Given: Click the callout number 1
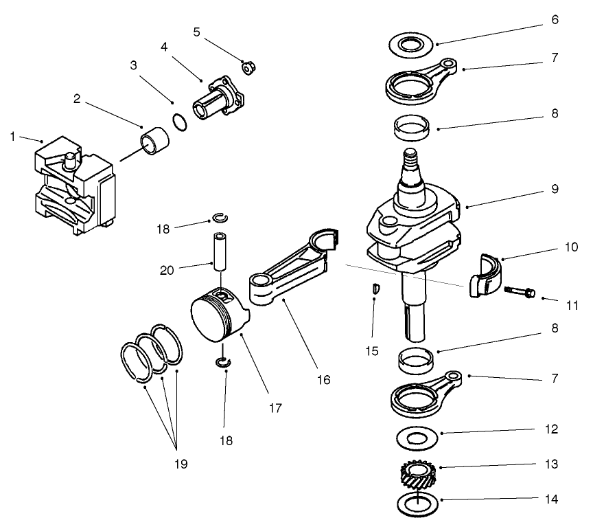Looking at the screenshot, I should (x=12, y=137).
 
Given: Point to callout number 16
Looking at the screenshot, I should (x=323, y=379).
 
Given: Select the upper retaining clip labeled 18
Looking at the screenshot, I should (x=219, y=219).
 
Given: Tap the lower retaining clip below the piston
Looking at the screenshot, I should (x=222, y=363).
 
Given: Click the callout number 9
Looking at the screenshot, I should (x=555, y=188).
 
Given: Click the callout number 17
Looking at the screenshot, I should (x=275, y=407).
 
